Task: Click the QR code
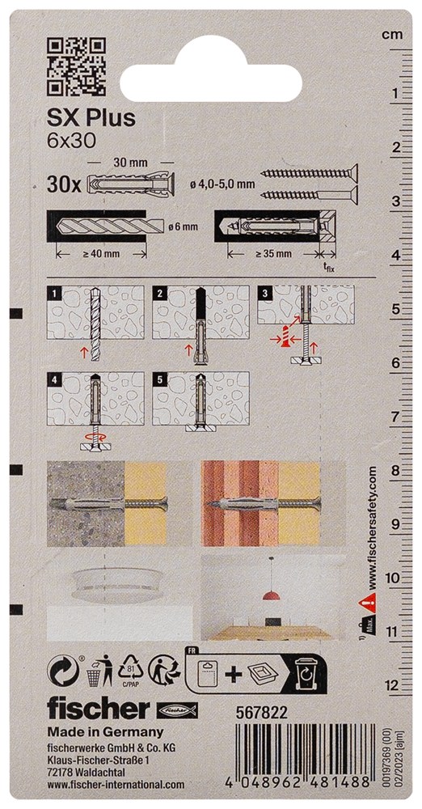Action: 75,68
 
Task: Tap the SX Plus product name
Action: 91,118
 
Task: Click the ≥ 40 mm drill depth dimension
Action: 101,253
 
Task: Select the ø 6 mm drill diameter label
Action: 184,225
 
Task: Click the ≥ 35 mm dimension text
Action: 273,253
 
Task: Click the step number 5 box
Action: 158,379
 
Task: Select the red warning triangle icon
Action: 367,599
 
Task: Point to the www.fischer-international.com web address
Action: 116,784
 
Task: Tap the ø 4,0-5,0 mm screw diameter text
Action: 222,184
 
